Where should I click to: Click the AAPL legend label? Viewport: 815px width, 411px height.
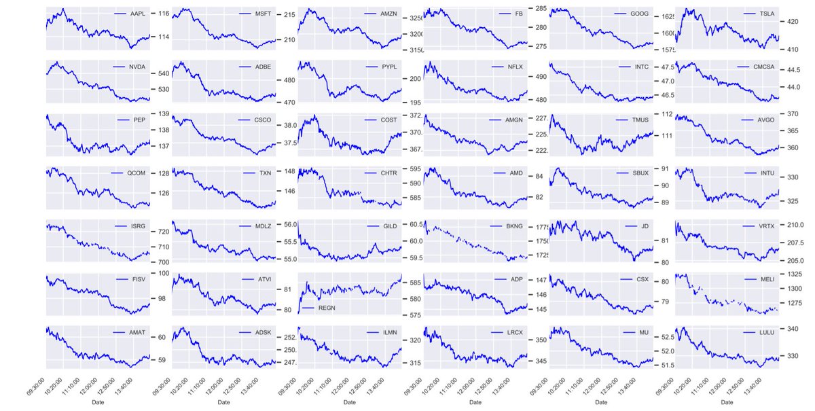pyautogui.click(x=138, y=14)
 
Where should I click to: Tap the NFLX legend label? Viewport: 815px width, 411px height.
pyautogui.click(x=516, y=67)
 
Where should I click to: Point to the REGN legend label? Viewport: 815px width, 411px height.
pyautogui.click(x=327, y=308)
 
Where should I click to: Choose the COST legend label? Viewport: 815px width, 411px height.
pyautogui.click(x=390, y=120)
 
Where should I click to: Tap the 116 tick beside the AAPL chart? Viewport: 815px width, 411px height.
pyautogui.click(x=164, y=13)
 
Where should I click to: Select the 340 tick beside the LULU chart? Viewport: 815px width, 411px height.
pyautogui.click(x=793, y=329)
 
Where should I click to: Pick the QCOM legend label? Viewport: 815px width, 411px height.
pyautogui.click(x=137, y=173)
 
